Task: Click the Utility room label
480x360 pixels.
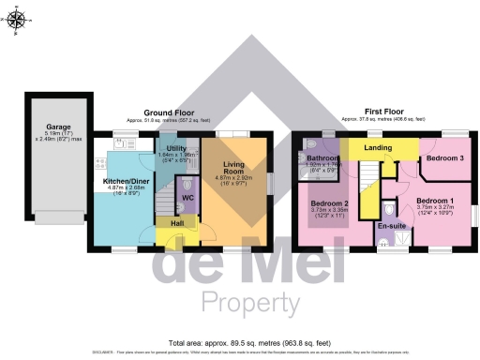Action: [176, 149]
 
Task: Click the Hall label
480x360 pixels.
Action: [176, 223]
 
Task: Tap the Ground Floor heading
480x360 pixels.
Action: [169, 112]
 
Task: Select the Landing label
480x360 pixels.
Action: [379, 147]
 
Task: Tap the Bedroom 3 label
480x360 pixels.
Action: [444, 158]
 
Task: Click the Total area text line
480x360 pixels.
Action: [239, 343]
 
